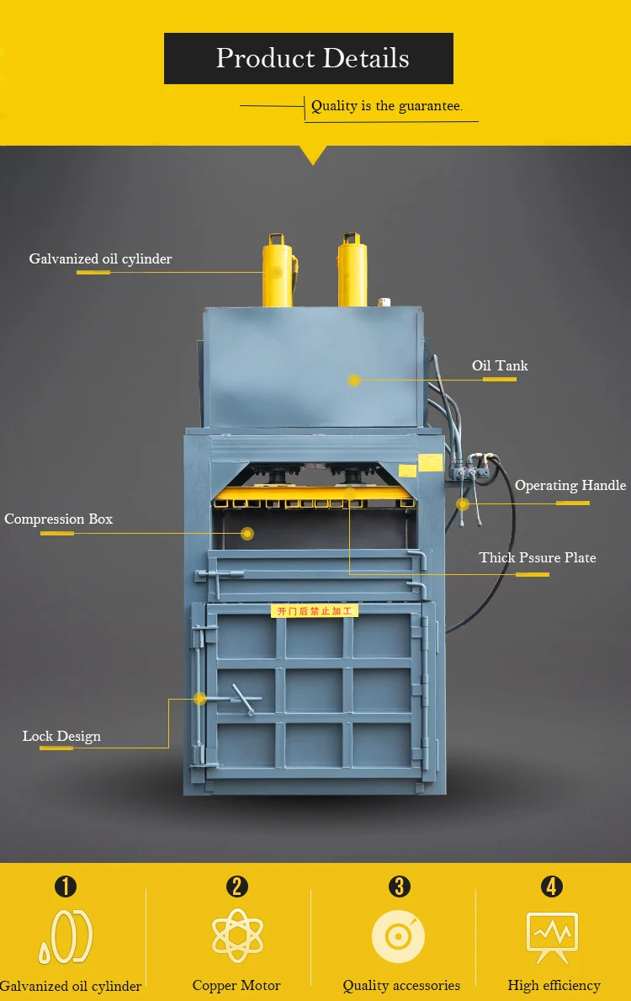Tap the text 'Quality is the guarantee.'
click(386, 106)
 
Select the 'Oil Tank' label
click(500, 365)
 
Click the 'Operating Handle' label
click(570, 486)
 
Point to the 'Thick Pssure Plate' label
click(538, 557)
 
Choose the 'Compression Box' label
click(58, 519)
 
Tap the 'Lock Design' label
click(61, 736)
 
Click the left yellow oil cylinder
click(277, 270)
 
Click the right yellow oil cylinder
click(353, 270)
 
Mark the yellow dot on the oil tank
click(354, 381)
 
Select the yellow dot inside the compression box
click(247, 533)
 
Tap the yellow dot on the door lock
click(200, 698)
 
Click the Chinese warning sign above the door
click(315, 610)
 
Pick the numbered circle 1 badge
click(66, 886)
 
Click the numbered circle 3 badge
click(400, 886)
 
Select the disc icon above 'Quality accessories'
click(398, 936)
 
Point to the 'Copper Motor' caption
click(236, 985)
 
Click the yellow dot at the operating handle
click(463, 503)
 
